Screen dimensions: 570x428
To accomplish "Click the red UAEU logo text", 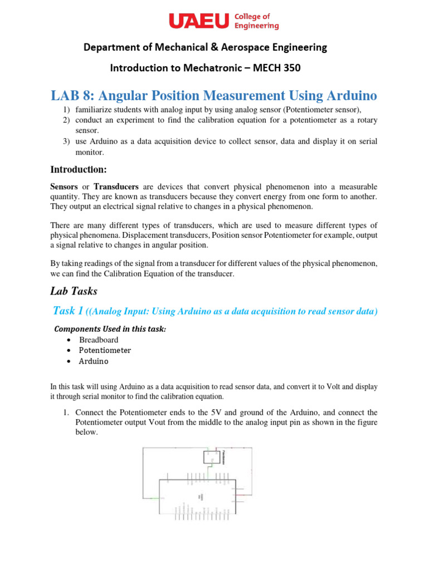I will [x=198, y=21].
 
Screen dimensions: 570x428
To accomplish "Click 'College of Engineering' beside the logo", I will [x=257, y=21].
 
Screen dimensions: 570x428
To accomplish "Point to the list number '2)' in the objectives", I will [x=65, y=120].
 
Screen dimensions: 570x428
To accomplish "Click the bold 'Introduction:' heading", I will [x=78, y=169].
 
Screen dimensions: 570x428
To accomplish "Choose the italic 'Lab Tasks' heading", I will [x=74, y=291].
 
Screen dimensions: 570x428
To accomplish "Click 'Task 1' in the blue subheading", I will [x=67, y=311].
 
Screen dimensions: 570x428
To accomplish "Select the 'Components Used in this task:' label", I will [x=110, y=329].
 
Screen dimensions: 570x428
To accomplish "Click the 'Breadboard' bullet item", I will [x=99, y=340].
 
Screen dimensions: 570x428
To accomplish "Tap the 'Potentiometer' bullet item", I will [x=105, y=350].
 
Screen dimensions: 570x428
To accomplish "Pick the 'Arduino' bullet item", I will [x=94, y=361].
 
